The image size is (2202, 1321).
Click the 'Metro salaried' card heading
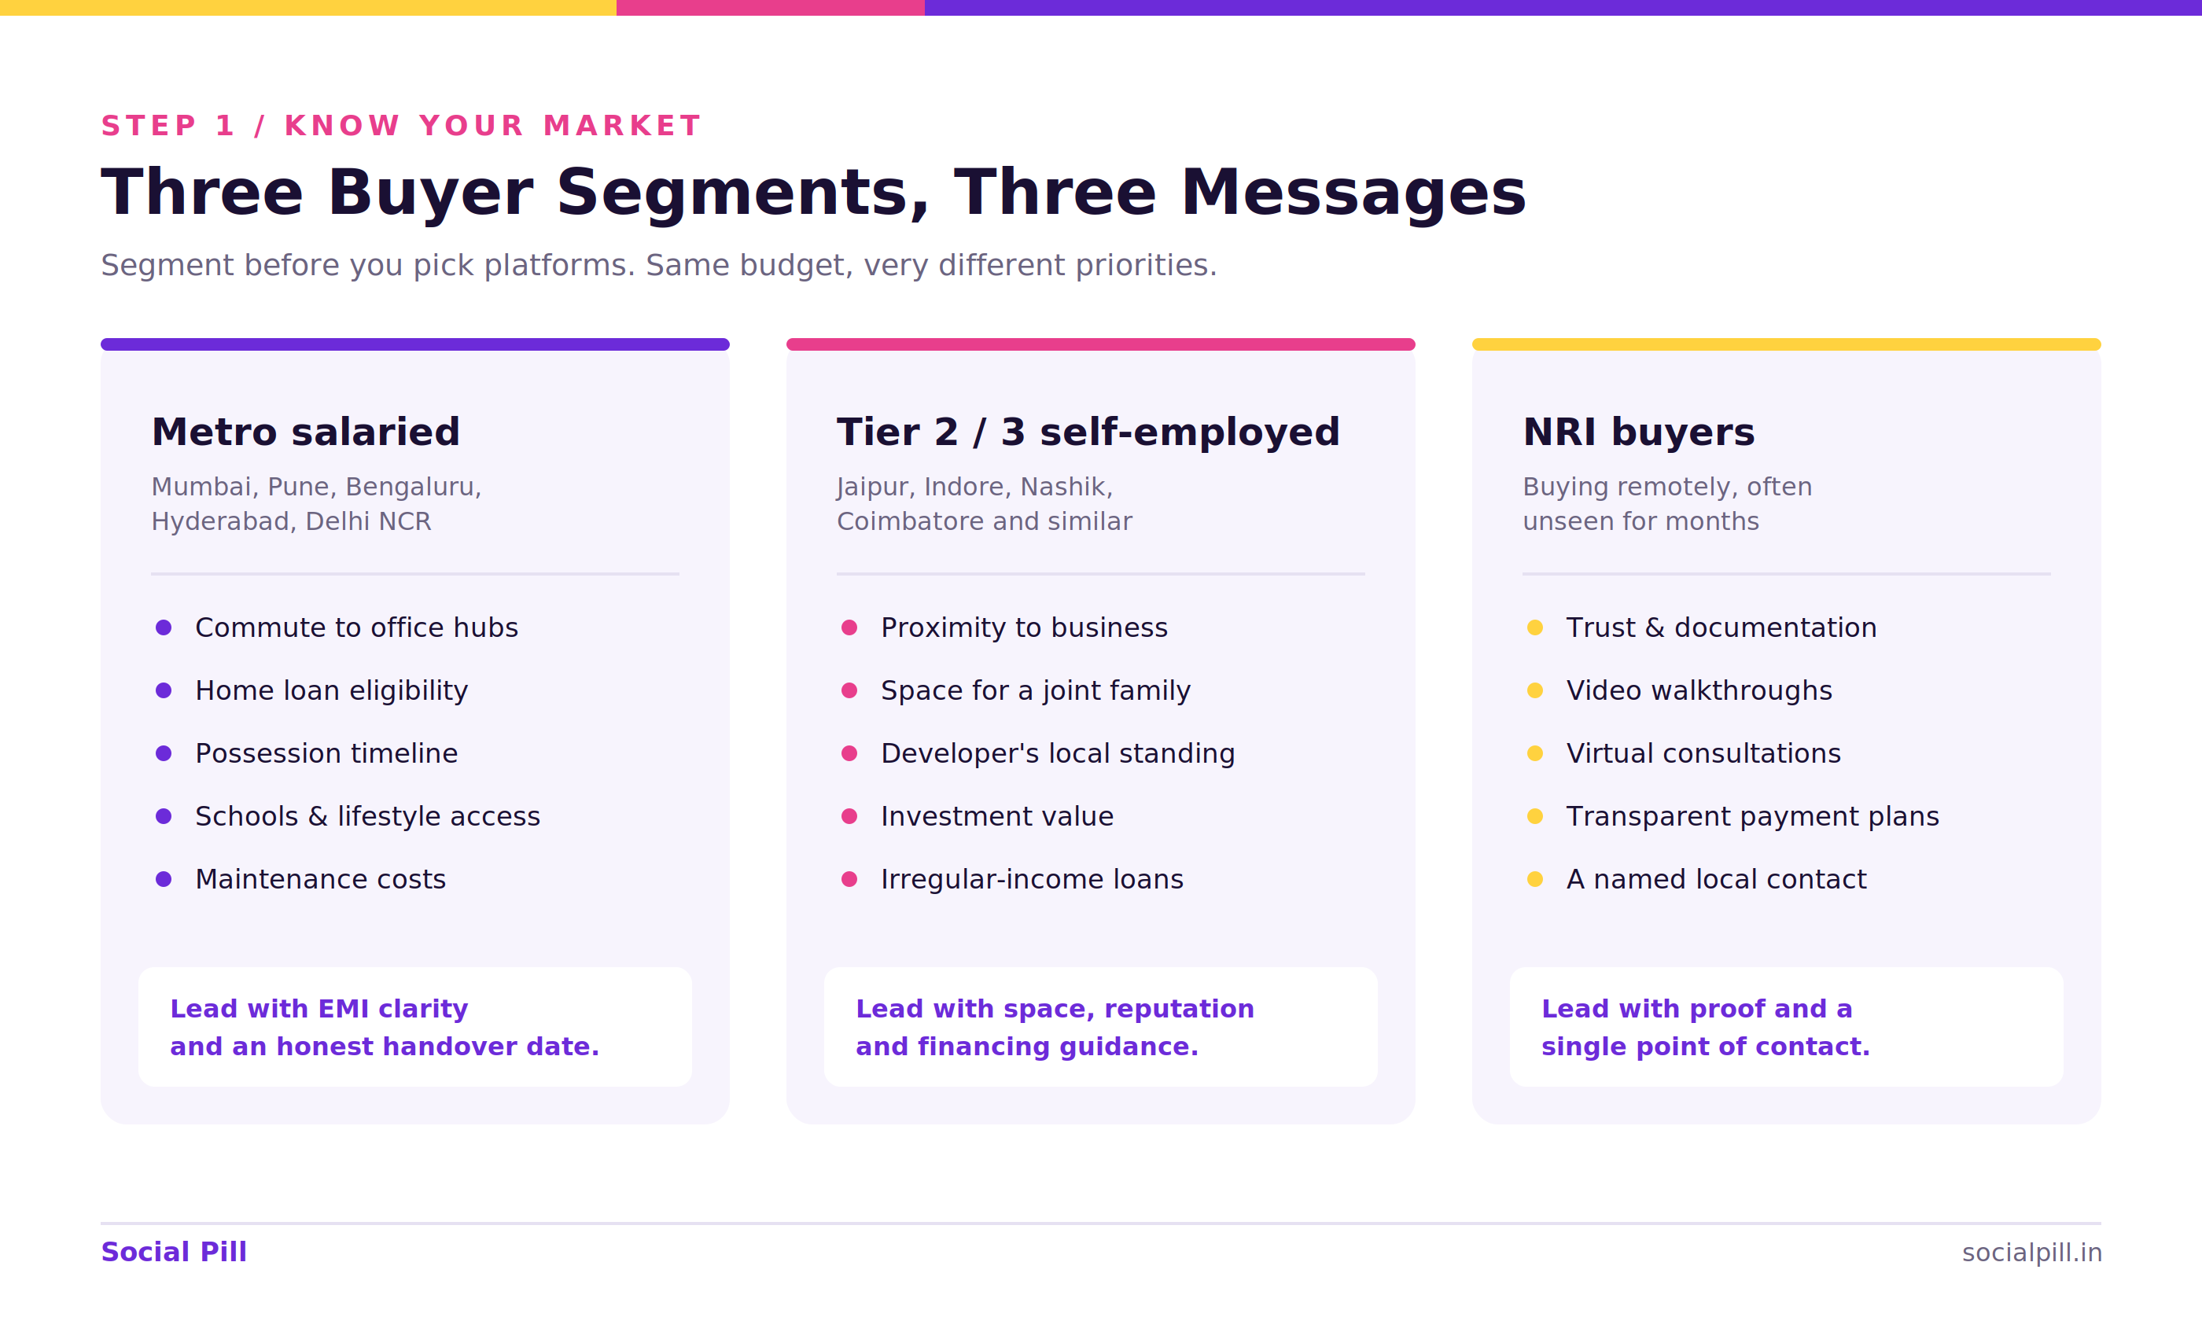[x=305, y=432]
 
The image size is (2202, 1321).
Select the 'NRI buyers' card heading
[x=1639, y=432]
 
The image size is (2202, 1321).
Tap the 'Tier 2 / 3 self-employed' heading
[x=1088, y=432]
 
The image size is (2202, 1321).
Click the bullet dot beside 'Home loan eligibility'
[x=164, y=690]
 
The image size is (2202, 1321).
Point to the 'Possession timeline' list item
[x=326, y=754]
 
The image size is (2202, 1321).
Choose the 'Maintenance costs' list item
[x=320, y=879]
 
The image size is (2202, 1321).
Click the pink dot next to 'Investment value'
[x=849, y=816]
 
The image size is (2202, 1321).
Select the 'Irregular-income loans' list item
[x=1033, y=879]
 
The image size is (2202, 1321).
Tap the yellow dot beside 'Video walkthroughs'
[x=1535, y=690]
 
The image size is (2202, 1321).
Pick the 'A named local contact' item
[x=1716, y=879]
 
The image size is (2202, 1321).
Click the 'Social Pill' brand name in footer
[x=174, y=1253]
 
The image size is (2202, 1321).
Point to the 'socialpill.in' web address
[x=2032, y=1253]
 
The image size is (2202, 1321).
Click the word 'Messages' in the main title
[x=1353, y=193]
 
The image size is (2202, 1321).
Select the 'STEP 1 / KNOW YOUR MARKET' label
[x=401, y=127]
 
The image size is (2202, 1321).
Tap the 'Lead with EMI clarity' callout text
[x=319, y=1010]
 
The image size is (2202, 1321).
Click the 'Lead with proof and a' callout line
[x=1696, y=1010]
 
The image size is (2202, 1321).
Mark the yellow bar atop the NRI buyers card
[x=1786, y=344]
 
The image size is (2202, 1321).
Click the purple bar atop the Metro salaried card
[x=414, y=344]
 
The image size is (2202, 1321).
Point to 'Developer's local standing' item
[x=1059, y=754]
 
